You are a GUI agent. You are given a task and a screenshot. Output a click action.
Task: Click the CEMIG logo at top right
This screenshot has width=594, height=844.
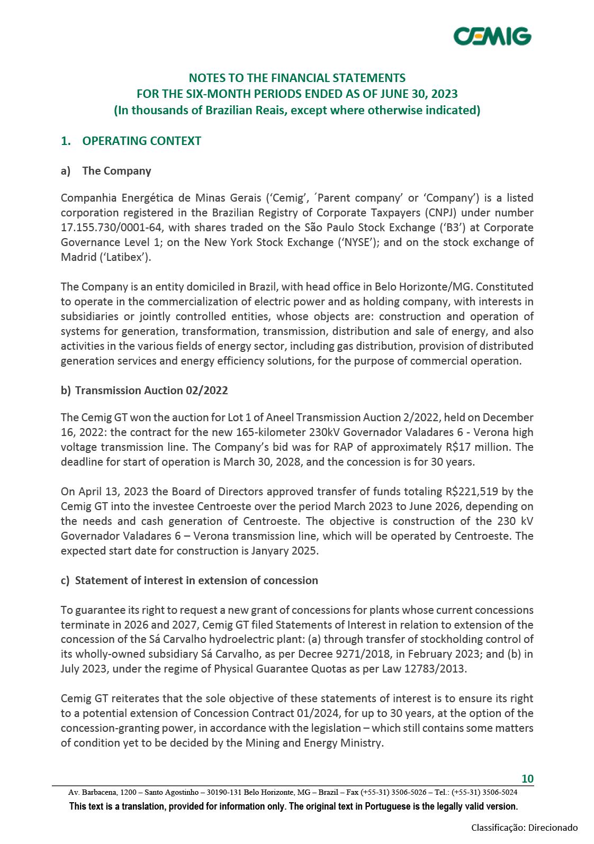(x=492, y=37)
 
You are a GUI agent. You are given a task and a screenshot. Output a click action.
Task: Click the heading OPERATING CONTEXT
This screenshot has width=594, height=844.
(x=141, y=141)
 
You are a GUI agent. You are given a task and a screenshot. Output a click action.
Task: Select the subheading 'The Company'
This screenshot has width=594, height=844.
(x=116, y=171)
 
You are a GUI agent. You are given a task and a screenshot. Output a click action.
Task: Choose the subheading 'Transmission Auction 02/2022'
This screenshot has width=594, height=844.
(x=151, y=391)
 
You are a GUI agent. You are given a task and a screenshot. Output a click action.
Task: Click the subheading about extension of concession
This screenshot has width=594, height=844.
(x=196, y=580)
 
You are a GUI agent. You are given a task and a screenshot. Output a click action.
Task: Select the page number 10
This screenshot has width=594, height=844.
(x=527, y=779)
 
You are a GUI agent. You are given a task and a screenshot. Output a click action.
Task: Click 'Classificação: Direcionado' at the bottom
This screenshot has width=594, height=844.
(x=524, y=828)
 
